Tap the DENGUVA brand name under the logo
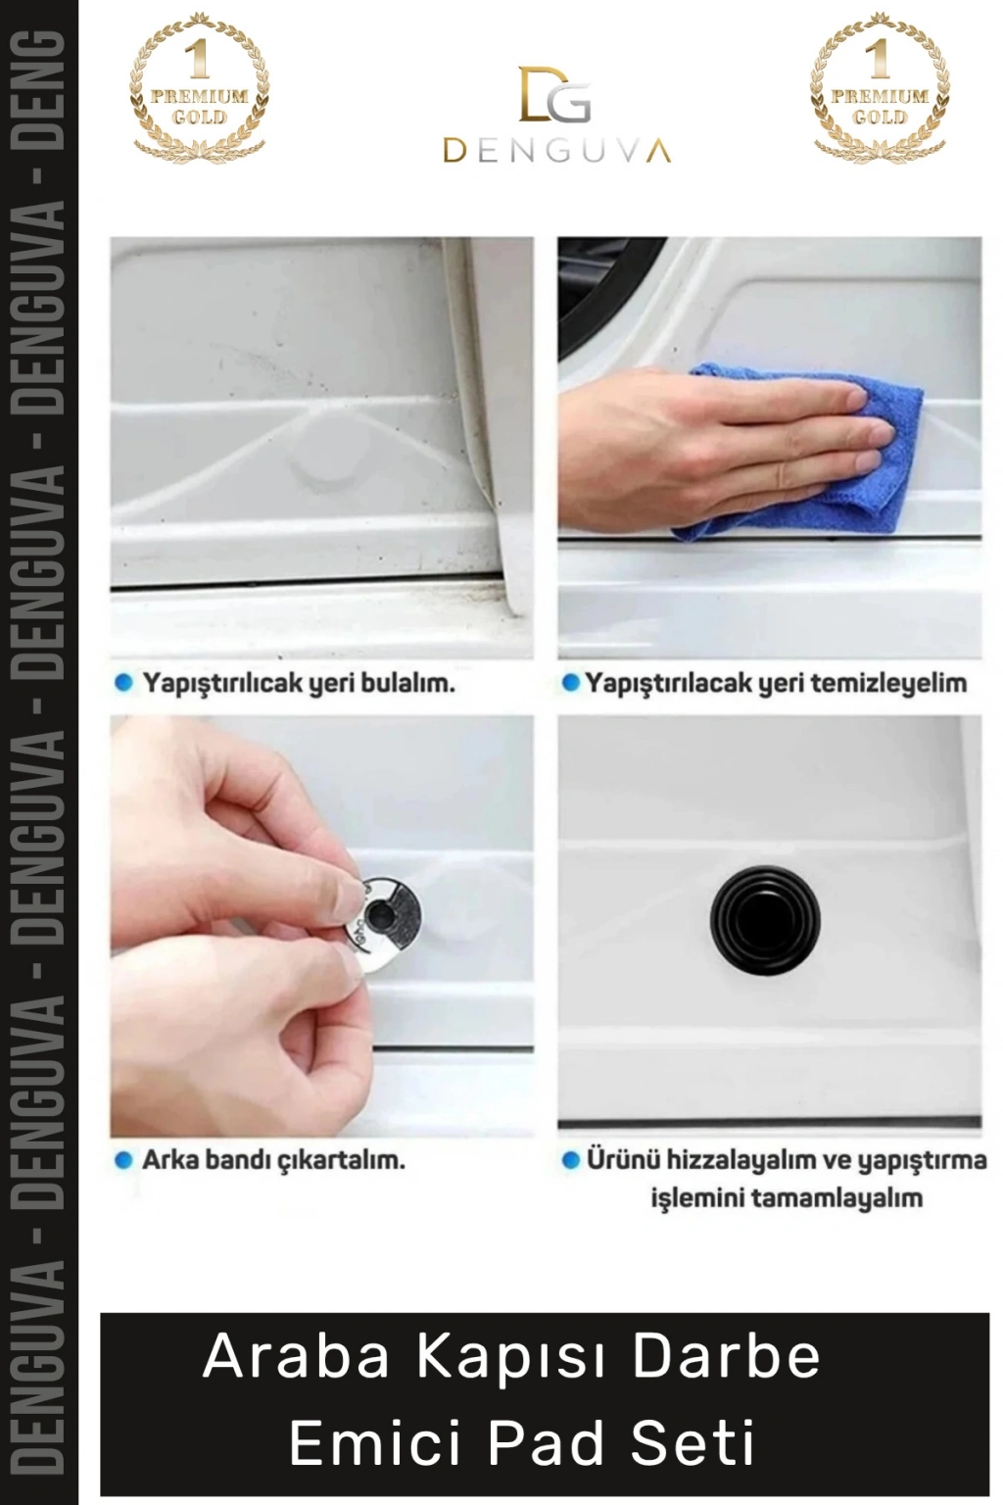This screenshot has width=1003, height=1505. point(557,151)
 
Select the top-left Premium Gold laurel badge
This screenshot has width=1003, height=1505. point(200,87)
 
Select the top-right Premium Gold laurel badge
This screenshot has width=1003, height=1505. point(880,87)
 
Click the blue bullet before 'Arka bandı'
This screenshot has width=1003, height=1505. point(123,1160)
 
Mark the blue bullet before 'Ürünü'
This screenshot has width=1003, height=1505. point(570,1160)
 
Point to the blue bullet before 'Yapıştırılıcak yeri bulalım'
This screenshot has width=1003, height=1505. point(123,684)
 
